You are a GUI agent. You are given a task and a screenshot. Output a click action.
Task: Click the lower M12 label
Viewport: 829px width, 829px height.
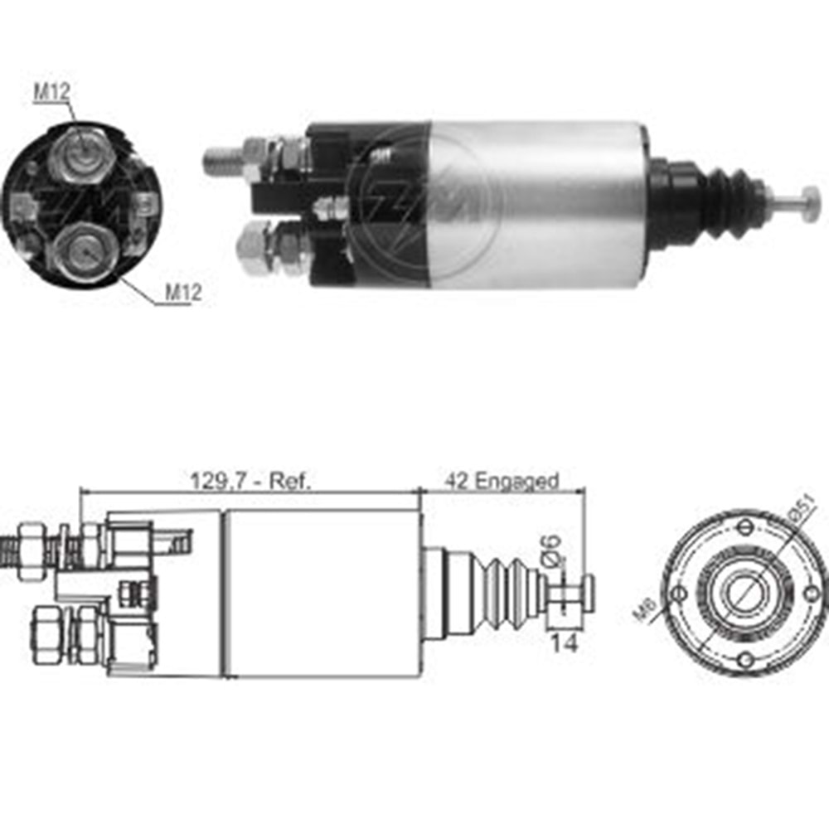pos(182,292)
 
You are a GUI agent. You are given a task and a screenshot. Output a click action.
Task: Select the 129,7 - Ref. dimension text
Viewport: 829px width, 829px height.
pos(250,480)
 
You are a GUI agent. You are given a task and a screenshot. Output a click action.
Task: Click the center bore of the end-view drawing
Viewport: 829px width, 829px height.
pos(746,593)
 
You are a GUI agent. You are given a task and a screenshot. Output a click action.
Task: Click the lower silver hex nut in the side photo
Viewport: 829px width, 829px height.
pos(255,250)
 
